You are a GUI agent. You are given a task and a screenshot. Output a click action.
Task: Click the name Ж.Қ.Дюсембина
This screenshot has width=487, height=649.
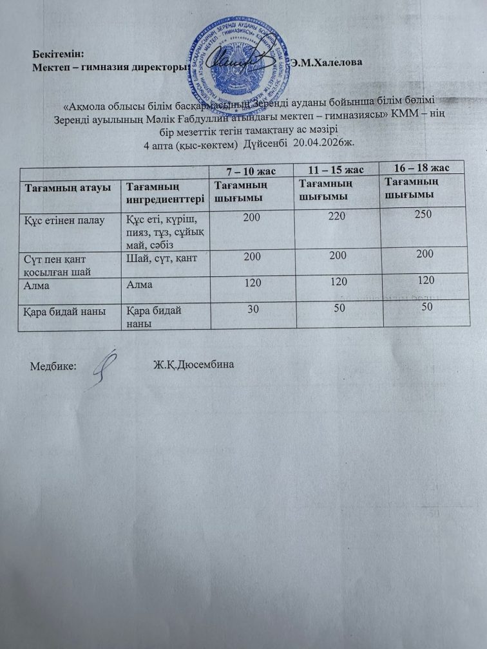(x=193, y=365)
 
